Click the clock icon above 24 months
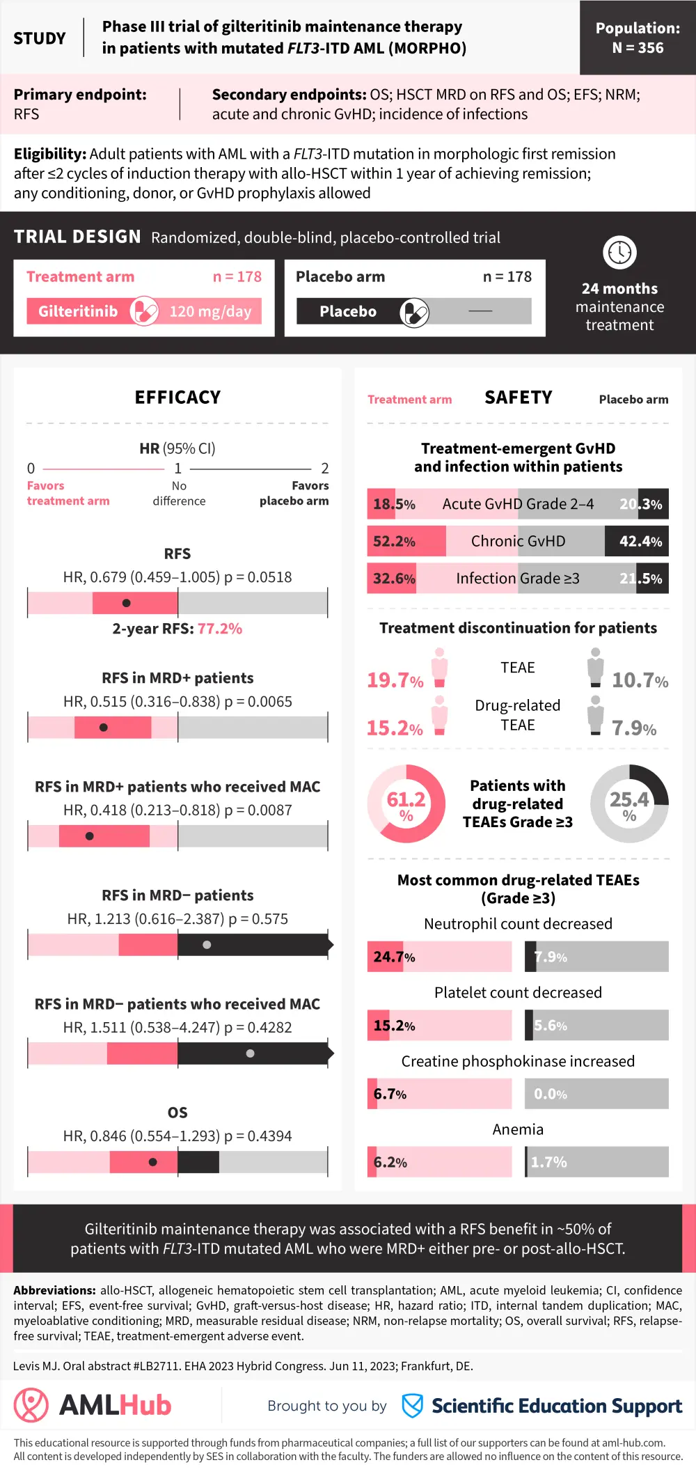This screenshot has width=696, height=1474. tap(619, 252)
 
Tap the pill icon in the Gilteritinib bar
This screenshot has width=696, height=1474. tap(144, 311)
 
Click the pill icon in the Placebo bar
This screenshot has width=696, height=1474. tap(414, 313)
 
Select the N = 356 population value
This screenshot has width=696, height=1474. tap(638, 48)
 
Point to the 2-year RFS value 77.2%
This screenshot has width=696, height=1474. tap(220, 629)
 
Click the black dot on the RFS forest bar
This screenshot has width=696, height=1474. tap(126, 603)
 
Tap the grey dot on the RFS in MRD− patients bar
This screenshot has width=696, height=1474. tap(207, 945)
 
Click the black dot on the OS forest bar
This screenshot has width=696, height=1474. tap(153, 1162)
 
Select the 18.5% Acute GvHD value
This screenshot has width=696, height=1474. tap(394, 504)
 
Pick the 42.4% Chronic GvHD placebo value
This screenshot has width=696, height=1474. tap(640, 542)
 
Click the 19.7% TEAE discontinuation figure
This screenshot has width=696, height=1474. tap(395, 680)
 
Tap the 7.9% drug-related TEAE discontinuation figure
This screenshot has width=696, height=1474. tap(634, 728)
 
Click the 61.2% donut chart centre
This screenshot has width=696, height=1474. tap(406, 803)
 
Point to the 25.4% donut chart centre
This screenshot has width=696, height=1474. tap(629, 803)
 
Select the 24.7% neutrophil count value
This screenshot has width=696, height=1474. tap(394, 957)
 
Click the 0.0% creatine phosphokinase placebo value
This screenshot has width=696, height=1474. tap(551, 1095)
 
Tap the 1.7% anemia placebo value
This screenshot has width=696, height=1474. tap(549, 1162)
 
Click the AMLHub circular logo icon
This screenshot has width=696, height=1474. tap(31, 1405)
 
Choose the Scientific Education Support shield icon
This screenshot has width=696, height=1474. tap(413, 1406)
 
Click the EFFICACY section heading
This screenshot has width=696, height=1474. tap(177, 398)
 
